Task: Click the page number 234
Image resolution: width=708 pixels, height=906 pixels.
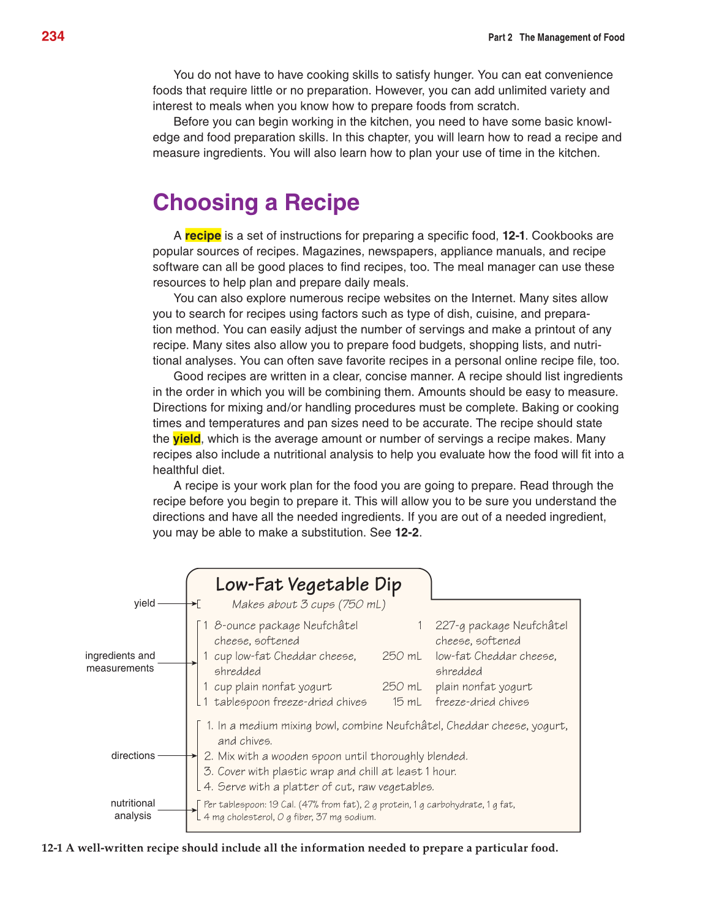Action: tap(53, 37)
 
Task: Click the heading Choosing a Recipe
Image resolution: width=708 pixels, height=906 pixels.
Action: tap(256, 203)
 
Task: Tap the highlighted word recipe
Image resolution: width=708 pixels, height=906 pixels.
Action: tap(203, 236)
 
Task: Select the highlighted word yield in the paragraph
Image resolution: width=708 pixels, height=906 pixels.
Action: tap(187, 439)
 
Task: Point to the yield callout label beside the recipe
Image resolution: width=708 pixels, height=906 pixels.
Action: tap(145, 603)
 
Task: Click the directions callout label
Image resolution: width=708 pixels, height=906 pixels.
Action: tap(133, 756)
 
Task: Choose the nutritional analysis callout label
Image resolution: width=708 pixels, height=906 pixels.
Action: tap(133, 809)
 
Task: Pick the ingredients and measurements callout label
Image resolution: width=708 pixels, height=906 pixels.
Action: tap(120, 662)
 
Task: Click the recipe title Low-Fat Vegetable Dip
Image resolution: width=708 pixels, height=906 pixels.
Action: tap(308, 584)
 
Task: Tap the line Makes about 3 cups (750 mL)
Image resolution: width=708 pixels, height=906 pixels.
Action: tap(309, 605)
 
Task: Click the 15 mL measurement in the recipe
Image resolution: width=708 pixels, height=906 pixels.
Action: tap(407, 702)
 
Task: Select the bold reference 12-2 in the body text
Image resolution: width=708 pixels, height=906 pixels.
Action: tap(407, 532)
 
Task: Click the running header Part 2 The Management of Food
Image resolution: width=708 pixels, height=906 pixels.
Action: tap(556, 37)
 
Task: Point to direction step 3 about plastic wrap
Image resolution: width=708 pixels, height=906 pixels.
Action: tap(331, 771)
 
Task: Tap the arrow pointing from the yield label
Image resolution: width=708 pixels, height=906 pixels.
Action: tap(178, 603)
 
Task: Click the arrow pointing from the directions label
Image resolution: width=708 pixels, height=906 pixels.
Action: tap(178, 756)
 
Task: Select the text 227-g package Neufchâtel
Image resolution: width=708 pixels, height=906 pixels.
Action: tap(501, 625)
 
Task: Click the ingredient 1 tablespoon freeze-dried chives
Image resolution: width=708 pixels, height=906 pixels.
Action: tap(285, 702)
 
